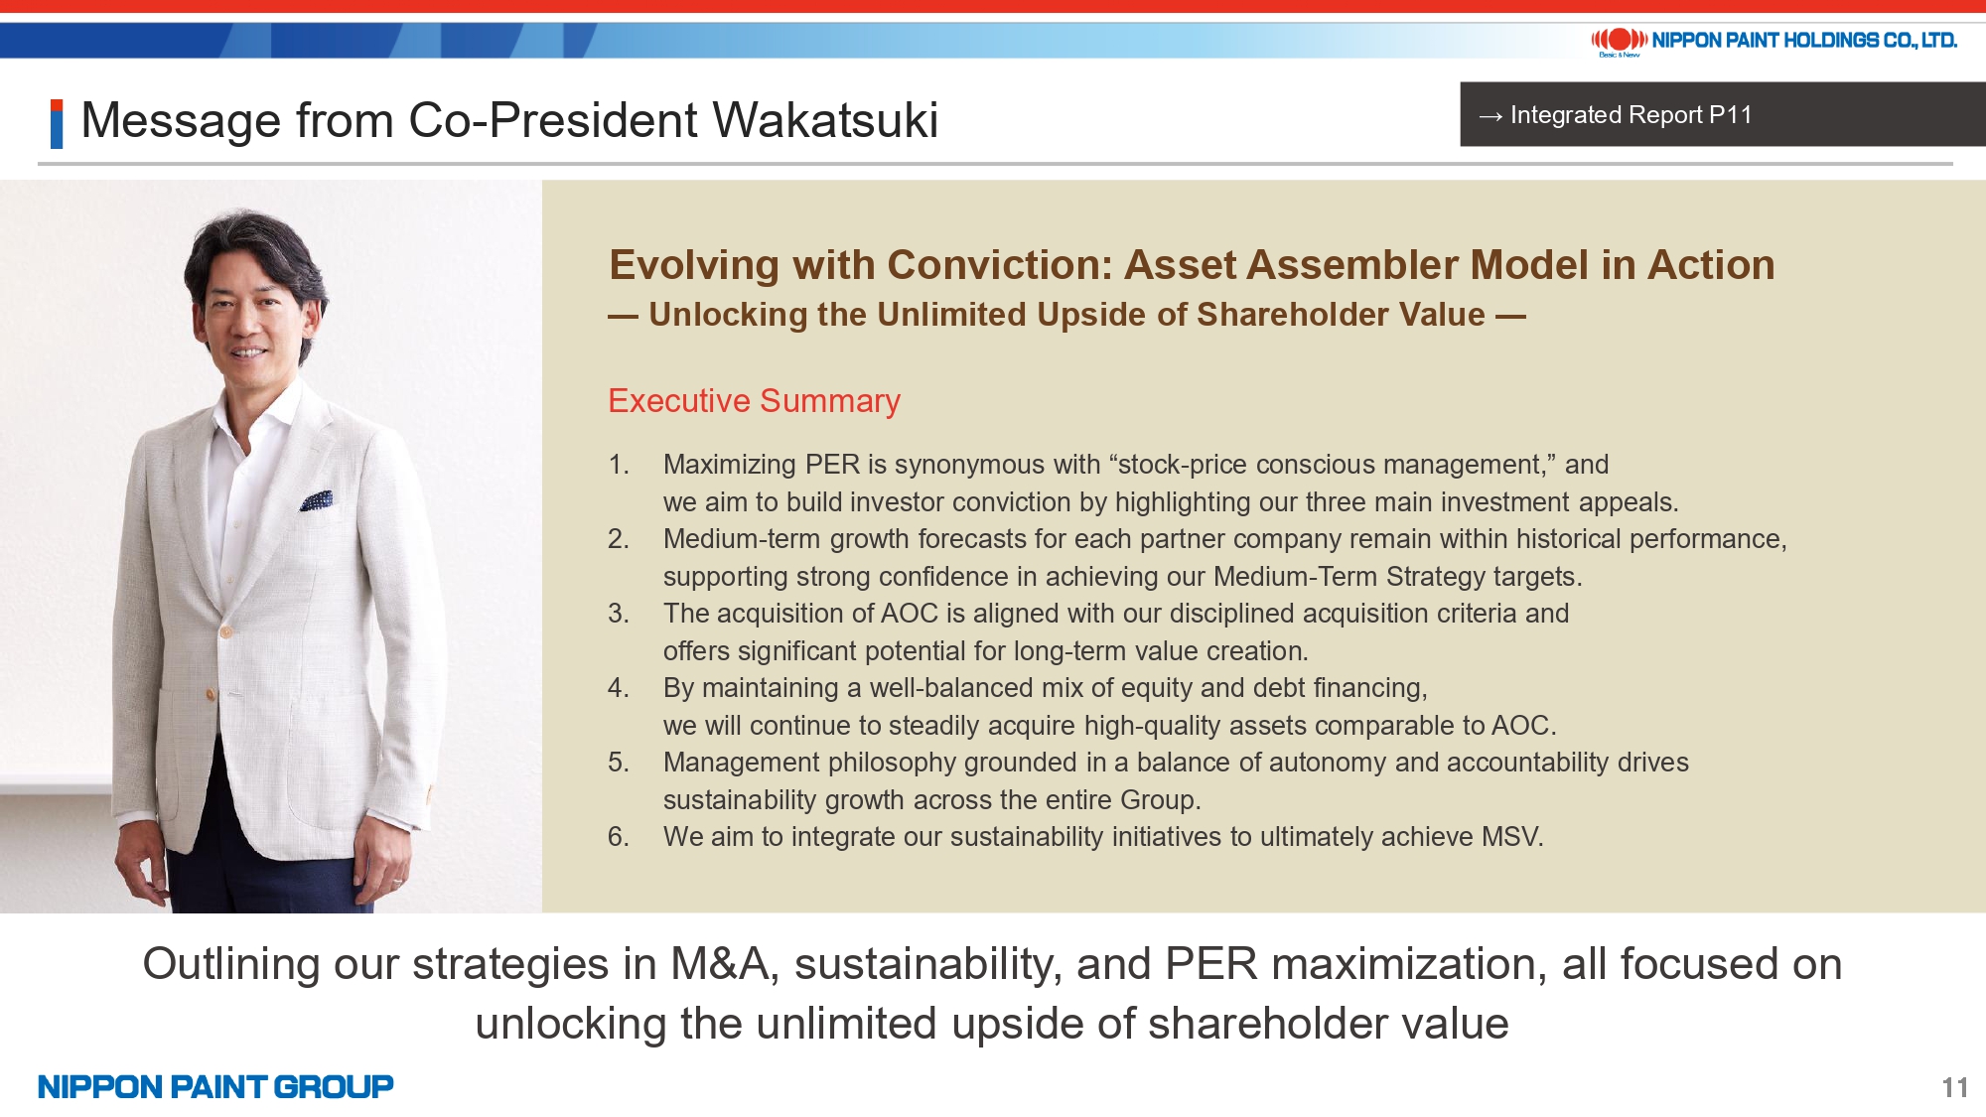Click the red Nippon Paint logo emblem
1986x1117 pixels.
pyautogui.click(x=1620, y=40)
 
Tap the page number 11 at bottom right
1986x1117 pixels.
pyautogui.click(x=1955, y=1087)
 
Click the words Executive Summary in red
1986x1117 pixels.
pyautogui.click(x=754, y=400)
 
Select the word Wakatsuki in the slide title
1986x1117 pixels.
pyautogui.click(x=825, y=120)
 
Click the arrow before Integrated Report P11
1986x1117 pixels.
pyautogui.click(x=1490, y=116)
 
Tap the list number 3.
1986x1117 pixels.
pyautogui.click(x=619, y=614)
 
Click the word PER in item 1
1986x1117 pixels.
pyautogui.click(x=832, y=465)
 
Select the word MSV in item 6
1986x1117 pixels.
pyautogui.click(x=1510, y=837)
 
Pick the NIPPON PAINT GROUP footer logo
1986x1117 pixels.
pyautogui.click(x=215, y=1087)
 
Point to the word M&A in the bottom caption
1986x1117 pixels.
pyautogui.click(x=720, y=964)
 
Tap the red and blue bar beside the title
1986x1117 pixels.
pyautogui.click(x=57, y=124)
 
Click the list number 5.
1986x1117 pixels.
pyautogui.click(x=619, y=763)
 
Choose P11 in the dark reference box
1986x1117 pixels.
pyautogui.click(x=1730, y=115)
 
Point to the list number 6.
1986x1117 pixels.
pyautogui.click(x=619, y=837)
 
